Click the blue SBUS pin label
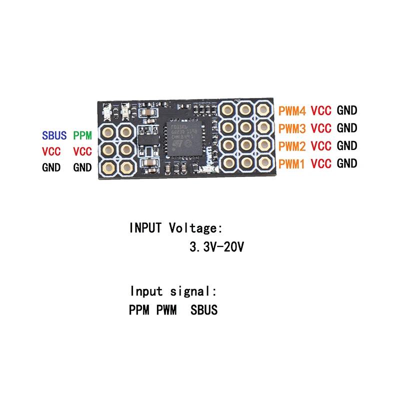tap(54, 135)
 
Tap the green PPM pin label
tap(82, 135)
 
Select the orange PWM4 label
tap(292, 110)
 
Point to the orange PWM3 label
tap(292, 128)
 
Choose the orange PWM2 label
tap(292, 146)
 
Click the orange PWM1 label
tap(292, 163)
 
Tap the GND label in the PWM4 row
tap(347, 110)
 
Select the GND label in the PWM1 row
tap(347, 163)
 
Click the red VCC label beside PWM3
tap(321, 128)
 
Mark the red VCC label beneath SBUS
tap(51, 151)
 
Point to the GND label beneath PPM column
tap(82, 168)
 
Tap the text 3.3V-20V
tap(216, 247)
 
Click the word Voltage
tap(194, 228)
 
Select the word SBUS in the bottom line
tap(204, 310)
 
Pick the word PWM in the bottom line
tap(166, 310)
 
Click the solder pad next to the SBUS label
tap(107, 132)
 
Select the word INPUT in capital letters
tap(145, 228)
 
